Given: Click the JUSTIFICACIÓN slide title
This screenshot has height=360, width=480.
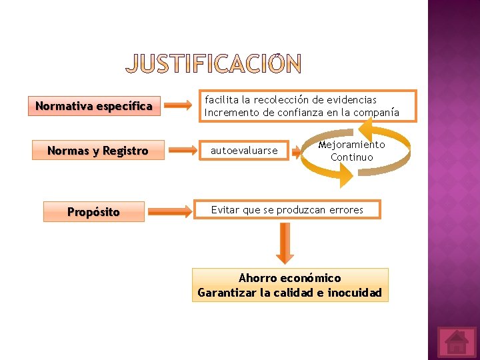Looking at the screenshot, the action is [213, 64].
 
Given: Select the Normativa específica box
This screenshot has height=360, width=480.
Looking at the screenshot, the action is [94, 106].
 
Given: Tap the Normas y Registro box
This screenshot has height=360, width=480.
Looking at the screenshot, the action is [97, 151].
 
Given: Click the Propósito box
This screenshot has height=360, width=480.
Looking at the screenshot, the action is [93, 212].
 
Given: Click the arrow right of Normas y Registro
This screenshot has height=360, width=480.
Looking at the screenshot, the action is [181, 151].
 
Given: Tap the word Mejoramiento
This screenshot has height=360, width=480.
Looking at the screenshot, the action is [351, 145].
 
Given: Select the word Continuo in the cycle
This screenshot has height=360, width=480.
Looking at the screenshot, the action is [351, 157].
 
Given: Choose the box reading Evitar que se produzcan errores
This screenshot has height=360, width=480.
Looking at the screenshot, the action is [287, 210].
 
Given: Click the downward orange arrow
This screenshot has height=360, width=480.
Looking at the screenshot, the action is [285, 243].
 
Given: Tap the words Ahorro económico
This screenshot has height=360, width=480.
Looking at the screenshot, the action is [289, 278].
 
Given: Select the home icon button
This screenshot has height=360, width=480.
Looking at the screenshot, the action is [457, 342].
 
